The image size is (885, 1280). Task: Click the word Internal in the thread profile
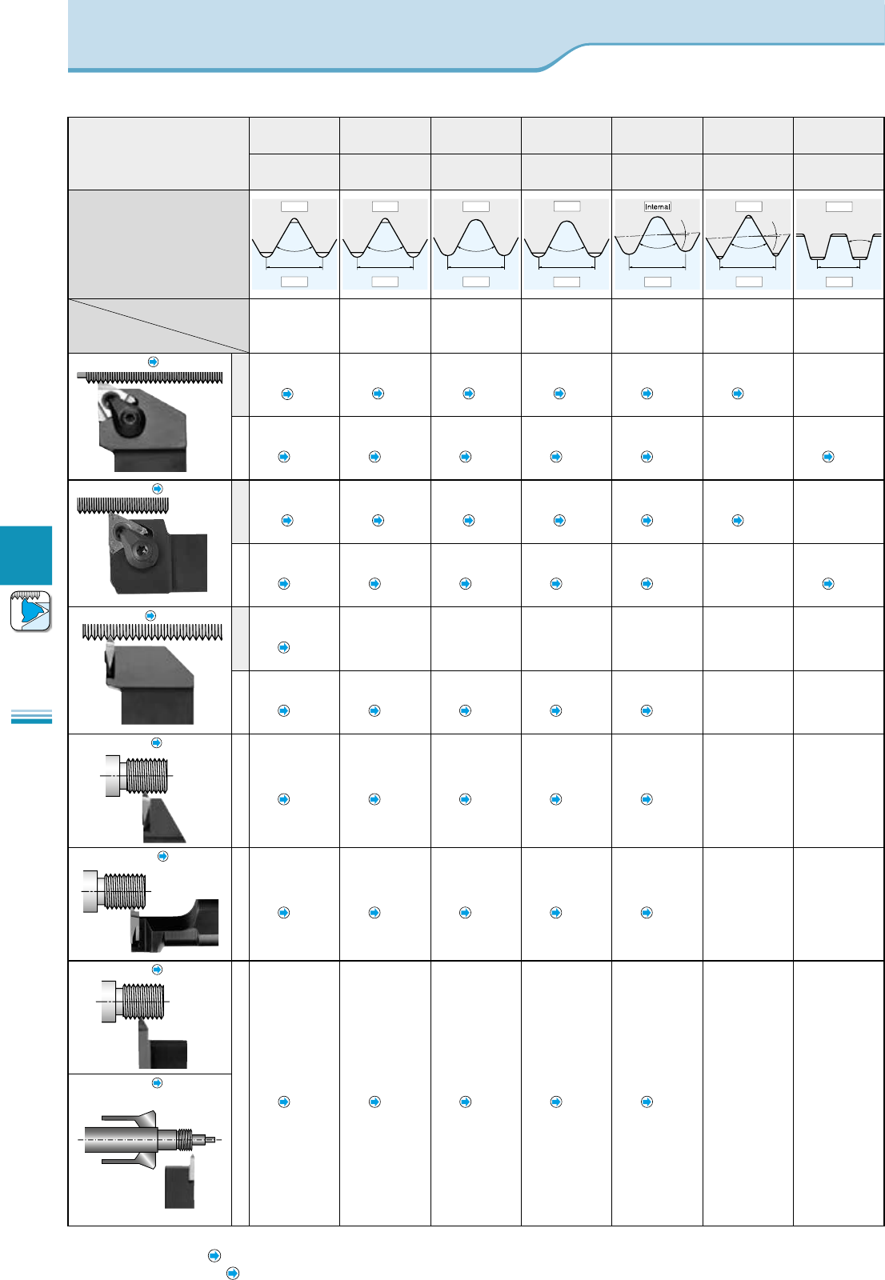[658, 206]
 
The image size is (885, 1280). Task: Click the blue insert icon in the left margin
[31, 611]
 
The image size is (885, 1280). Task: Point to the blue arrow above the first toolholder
[154, 362]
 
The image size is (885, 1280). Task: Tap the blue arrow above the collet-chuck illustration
[158, 1082]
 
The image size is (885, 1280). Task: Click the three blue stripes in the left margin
[31, 716]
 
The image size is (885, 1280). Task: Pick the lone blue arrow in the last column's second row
[828, 457]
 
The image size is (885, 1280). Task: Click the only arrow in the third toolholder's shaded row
[283, 647]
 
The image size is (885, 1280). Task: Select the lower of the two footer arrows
[233, 1273]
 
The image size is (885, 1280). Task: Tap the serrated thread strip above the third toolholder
[152, 632]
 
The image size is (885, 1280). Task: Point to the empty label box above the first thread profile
[294, 206]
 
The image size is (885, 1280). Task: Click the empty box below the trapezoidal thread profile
[839, 282]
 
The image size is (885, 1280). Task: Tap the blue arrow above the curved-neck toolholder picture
[163, 856]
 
